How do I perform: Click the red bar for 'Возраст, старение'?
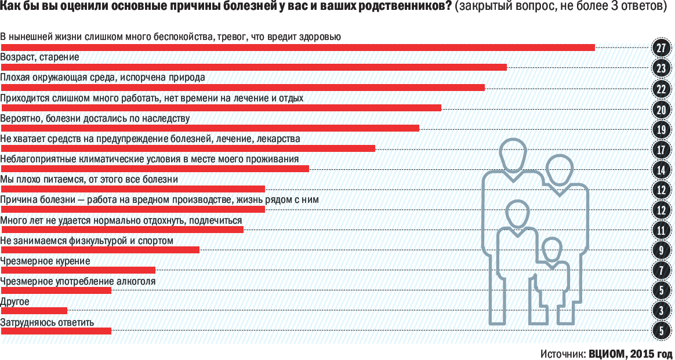pos(253,67)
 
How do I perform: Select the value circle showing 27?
pos(661,48)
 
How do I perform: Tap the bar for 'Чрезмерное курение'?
pos(78,270)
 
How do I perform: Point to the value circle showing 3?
pos(661,311)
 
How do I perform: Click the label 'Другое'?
pos(15,302)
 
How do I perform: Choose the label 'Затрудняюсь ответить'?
pos(47,322)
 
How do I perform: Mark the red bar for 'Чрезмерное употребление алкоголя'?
pos(56,290)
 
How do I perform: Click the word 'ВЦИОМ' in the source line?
pos(607,353)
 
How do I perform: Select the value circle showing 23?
pos(661,68)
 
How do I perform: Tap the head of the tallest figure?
pos(513,155)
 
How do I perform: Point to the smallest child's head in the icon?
pos(551,250)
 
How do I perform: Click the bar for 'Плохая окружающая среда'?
pos(242,88)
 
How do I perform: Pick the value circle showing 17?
pos(661,150)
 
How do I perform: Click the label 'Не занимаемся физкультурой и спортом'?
pos(87,241)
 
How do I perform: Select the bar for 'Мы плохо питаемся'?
pos(132,189)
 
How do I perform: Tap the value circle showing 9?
pos(661,250)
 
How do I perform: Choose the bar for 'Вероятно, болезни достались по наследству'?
pos(209,128)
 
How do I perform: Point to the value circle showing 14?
pos(661,170)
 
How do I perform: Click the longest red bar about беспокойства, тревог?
pos(297,47)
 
